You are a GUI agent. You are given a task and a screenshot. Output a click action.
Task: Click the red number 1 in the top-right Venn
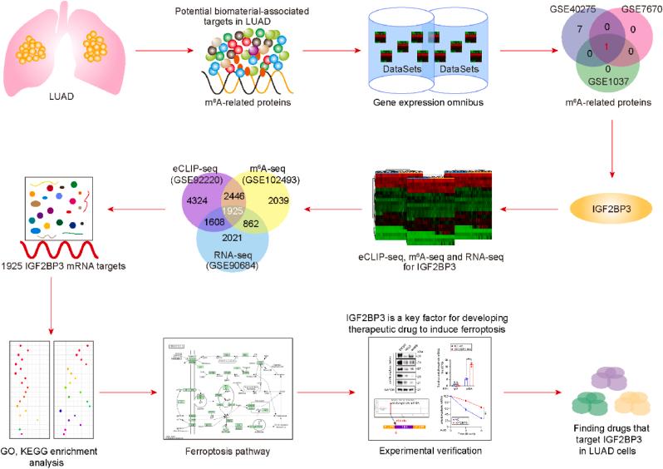pos(608,44)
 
